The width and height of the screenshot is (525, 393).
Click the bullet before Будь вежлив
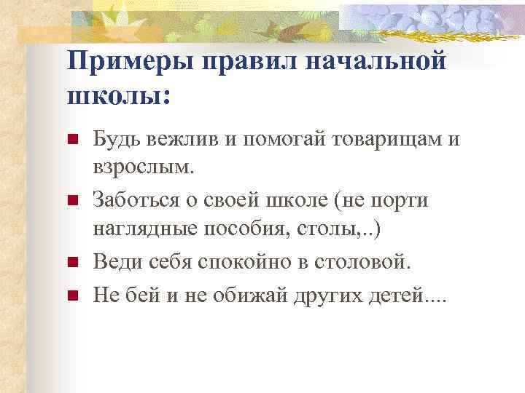pos(71,140)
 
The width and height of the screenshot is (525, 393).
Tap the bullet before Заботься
pos(71,200)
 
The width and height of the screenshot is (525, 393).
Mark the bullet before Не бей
pos(71,295)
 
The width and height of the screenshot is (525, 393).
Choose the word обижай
pos(240,295)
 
